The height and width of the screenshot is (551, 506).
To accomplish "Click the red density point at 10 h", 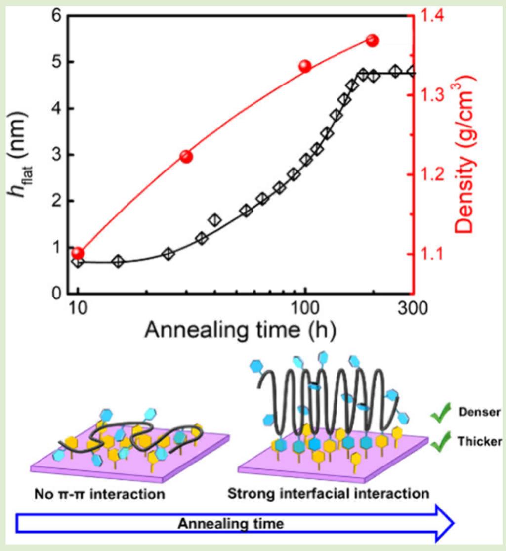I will tap(78, 253).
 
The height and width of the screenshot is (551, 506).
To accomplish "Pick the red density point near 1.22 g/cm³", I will tap(186, 157).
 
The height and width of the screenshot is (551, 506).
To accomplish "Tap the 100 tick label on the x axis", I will tap(305, 310).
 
